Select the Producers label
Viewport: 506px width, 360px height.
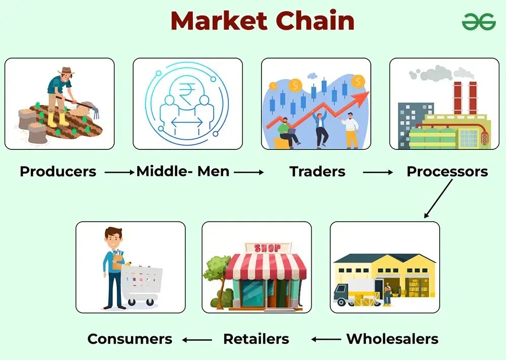(x=58, y=172)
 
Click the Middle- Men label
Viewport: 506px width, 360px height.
(x=183, y=172)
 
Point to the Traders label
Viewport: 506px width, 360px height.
(x=317, y=172)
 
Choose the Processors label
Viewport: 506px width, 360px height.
(x=447, y=172)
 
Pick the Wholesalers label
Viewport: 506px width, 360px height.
(x=392, y=339)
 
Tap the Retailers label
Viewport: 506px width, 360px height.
(x=256, y=339)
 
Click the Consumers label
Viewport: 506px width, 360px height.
(x=130, y=339)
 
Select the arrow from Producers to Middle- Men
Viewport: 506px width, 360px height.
(x=120, y=172)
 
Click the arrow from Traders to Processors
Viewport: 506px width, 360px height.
(x=377, y=172)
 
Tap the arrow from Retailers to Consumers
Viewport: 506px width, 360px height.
(x=197, y=339)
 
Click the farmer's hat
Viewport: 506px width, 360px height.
(x=66, y=71)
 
